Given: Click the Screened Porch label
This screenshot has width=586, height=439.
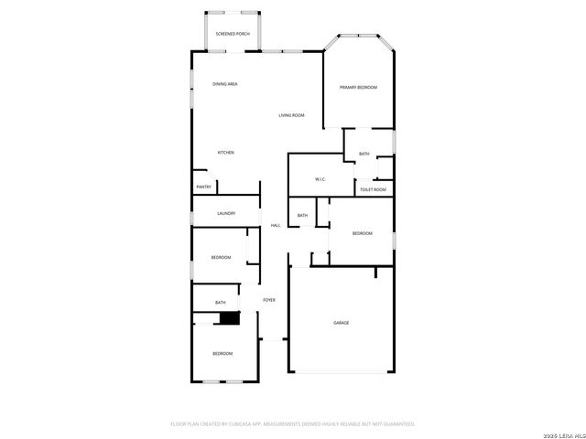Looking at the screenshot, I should pyautogui.click(x=233, y=34).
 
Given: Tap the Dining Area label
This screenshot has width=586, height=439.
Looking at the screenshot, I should pyautogui.click(x=225, y=84).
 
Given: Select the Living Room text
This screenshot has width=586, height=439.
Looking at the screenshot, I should pyautogui.click(x=292, y=115).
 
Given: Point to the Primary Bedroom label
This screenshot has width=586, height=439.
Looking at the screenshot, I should pyautogui.click(x=358, y=87).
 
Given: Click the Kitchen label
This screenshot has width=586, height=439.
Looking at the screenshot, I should pyautogui.click(x=225, y=152).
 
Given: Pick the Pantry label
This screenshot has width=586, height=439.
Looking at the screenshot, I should pyautogui.click(x=203, y=187).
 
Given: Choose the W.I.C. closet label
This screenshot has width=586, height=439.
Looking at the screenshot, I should pyautogui.click(x=320, y=179).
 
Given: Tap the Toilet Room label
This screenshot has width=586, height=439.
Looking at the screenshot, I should pyautogui.click(x=373, y=189).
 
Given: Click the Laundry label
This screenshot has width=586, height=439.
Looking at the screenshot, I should pyautogui.click(x=226, y=213).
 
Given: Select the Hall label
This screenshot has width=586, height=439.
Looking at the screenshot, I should pyautogui.click(x=275, y=226).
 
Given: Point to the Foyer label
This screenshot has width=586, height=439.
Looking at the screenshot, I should pyautogui.click(x=269, y=300).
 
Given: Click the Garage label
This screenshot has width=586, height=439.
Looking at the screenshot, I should pyautogui.click(x=341, y=323).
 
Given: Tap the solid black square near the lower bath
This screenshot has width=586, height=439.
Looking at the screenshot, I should pyautogui.click(x=228, y=317).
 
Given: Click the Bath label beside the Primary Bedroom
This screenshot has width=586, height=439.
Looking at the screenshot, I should pyautogui.click(x=364, y=154).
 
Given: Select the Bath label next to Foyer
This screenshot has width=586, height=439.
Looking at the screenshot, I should pyautogui.click(x=220, y=303).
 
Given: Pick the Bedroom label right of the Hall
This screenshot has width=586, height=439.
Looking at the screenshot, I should pyautogui.click(x=363, y=234).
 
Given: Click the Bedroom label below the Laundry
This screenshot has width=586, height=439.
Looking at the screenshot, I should pyautogui.click(x=221, y=257).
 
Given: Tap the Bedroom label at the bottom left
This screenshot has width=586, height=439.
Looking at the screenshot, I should pyautogui.click(x=222, y=353).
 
